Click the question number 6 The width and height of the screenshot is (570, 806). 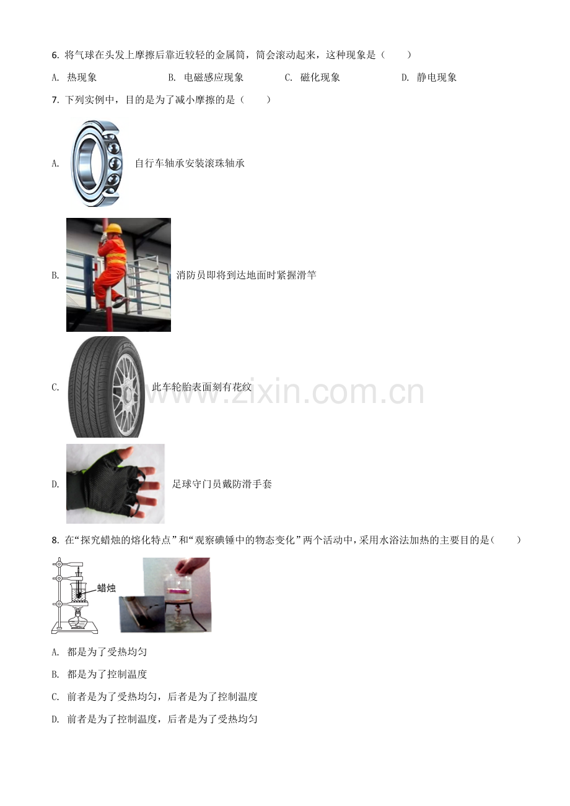click(x=55, y=55)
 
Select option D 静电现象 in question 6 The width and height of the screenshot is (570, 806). click(x=429, y=77)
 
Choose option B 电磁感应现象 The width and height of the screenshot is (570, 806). click(x=206, y=77)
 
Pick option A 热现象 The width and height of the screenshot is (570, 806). click(x=74, y=77)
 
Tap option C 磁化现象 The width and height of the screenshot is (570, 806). click(x=312, y=77)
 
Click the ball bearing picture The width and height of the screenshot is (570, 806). click(x=97, y=163)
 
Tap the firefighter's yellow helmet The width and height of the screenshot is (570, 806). click(x=115, y=228)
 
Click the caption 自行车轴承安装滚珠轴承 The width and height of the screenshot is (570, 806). click(x=190, y=163)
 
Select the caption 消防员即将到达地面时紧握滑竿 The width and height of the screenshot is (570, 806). click(x=247, y=275)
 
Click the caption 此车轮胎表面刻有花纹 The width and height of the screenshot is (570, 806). click(x=201, y=387)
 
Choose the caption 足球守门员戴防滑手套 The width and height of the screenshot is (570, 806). click(x=222, y=484)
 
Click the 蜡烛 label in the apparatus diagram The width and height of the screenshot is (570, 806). click(x=106, y=588)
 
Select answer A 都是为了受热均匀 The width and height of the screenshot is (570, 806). click(x=99, y=652)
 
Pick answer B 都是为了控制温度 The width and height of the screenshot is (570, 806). click(x=99, y=674)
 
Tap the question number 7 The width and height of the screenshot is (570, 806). click(x=55, y=100)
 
